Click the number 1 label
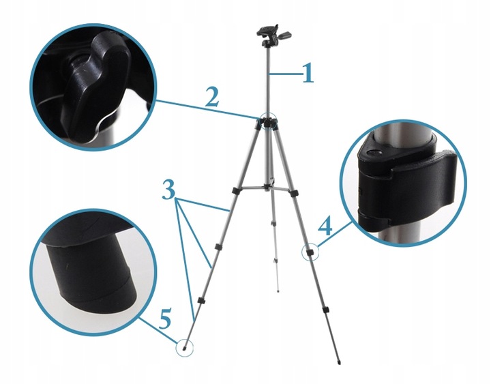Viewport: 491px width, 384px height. (x=308, y=73)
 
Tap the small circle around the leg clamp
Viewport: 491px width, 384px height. (x=310, y=252)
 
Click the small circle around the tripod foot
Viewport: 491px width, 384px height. (x=184, y=347)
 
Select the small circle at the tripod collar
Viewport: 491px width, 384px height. (x=267, y=121)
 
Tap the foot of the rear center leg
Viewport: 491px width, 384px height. (x=279, y=290)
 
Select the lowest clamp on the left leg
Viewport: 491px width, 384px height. (x=201, y=301)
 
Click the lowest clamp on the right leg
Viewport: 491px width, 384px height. (x=326, y=311)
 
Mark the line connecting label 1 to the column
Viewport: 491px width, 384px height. (x=286, y=72)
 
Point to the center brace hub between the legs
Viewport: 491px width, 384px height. (x=268, y=183)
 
